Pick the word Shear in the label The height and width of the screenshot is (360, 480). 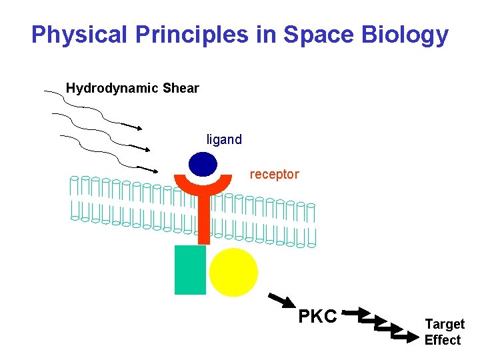tap(181, 88)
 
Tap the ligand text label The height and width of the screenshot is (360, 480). tap(224, 140)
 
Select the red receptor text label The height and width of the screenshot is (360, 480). tap(274, 175)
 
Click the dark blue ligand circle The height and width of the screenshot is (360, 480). tap(203, 165)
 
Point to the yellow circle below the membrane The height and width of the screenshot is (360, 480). tap(233, 272)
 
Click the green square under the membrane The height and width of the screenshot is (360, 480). tap(190, 270)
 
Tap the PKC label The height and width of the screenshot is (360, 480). tap(317, 316)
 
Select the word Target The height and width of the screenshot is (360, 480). tap(445, 325)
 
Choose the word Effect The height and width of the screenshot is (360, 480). tap(443, 340)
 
